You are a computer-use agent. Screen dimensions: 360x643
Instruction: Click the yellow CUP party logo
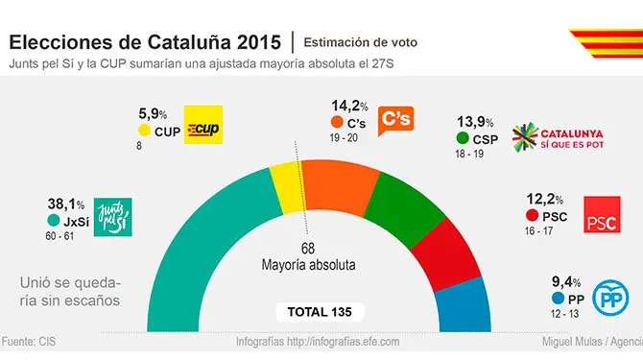[202, 124]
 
